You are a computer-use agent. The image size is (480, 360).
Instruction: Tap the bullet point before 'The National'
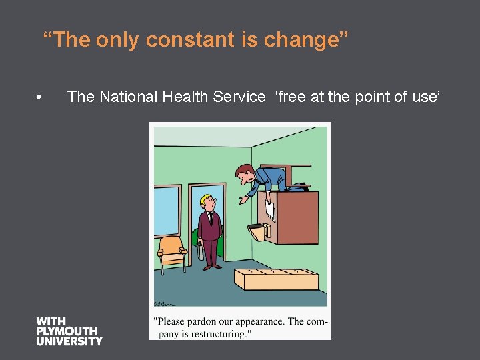(x=41, y=97)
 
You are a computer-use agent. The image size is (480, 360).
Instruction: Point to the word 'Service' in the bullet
(x=239, y=97)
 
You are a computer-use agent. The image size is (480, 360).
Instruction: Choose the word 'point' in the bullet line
(x=373, y=97)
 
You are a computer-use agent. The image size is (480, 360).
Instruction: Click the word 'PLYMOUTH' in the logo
(x=67, y=331)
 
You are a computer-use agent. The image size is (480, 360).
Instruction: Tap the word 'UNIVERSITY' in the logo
(x=69, y=341)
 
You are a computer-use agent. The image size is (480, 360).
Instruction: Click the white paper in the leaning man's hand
(x=269, y=209)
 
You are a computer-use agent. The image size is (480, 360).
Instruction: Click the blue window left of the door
(x=167, y=211)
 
